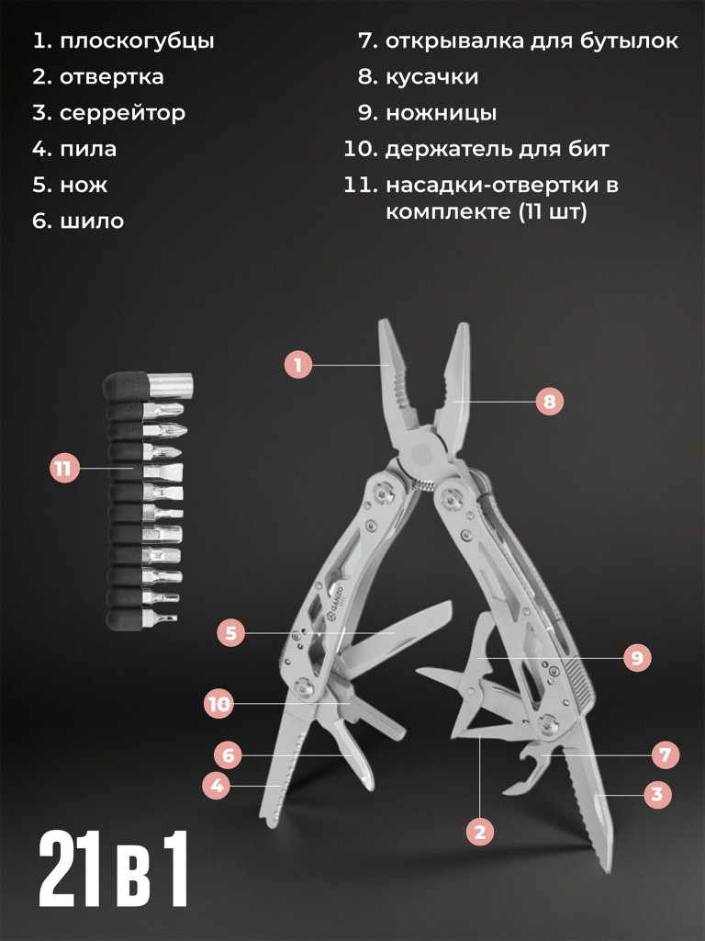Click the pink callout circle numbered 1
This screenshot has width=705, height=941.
298,364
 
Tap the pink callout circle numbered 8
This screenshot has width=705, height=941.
550,402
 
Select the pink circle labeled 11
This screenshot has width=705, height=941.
64,468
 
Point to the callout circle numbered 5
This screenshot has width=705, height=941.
231,632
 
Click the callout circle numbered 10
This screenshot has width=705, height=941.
218,703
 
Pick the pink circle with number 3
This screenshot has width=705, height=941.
657,794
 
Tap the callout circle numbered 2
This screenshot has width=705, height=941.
479,832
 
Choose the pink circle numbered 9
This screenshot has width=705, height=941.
637,658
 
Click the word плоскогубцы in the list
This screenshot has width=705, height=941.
138,41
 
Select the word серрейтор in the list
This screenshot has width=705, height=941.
122,113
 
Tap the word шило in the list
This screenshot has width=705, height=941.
92,221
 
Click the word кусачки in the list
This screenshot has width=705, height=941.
432,77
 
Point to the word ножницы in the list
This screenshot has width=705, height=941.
442,113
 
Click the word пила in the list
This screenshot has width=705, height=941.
88,150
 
